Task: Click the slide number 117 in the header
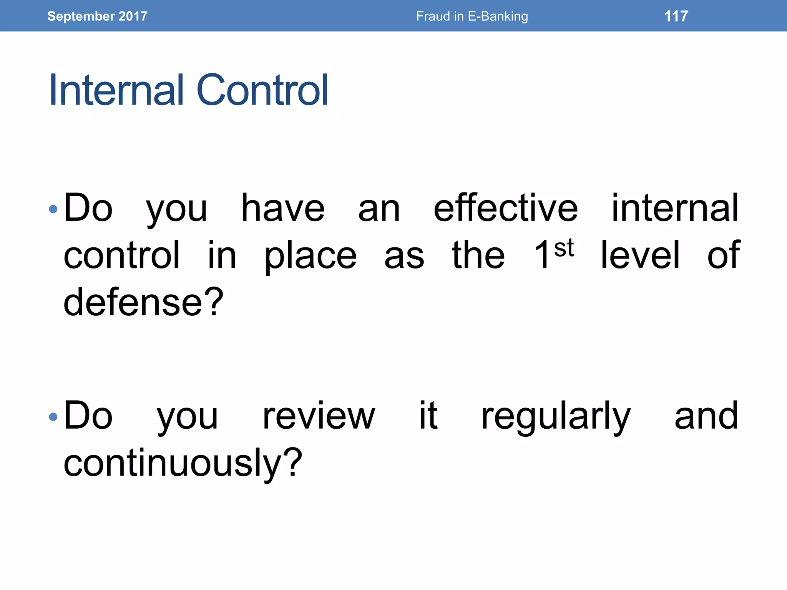[676, 16]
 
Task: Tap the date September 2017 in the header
[97, 16]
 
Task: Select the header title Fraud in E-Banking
[472, 16]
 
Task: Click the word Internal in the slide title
[116, 90]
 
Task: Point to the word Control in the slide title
[262, 90]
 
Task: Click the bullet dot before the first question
[53, 209]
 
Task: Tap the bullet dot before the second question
[53, 417]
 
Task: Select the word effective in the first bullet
[505, 208]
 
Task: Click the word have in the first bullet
[283, 208]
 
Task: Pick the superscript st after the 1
[564, 249]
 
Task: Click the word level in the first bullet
[640, 255]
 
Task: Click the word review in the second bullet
[319, 416]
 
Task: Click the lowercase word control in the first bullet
[121, 255]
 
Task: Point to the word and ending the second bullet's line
[706, 416]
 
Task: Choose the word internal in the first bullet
[675, 208]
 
